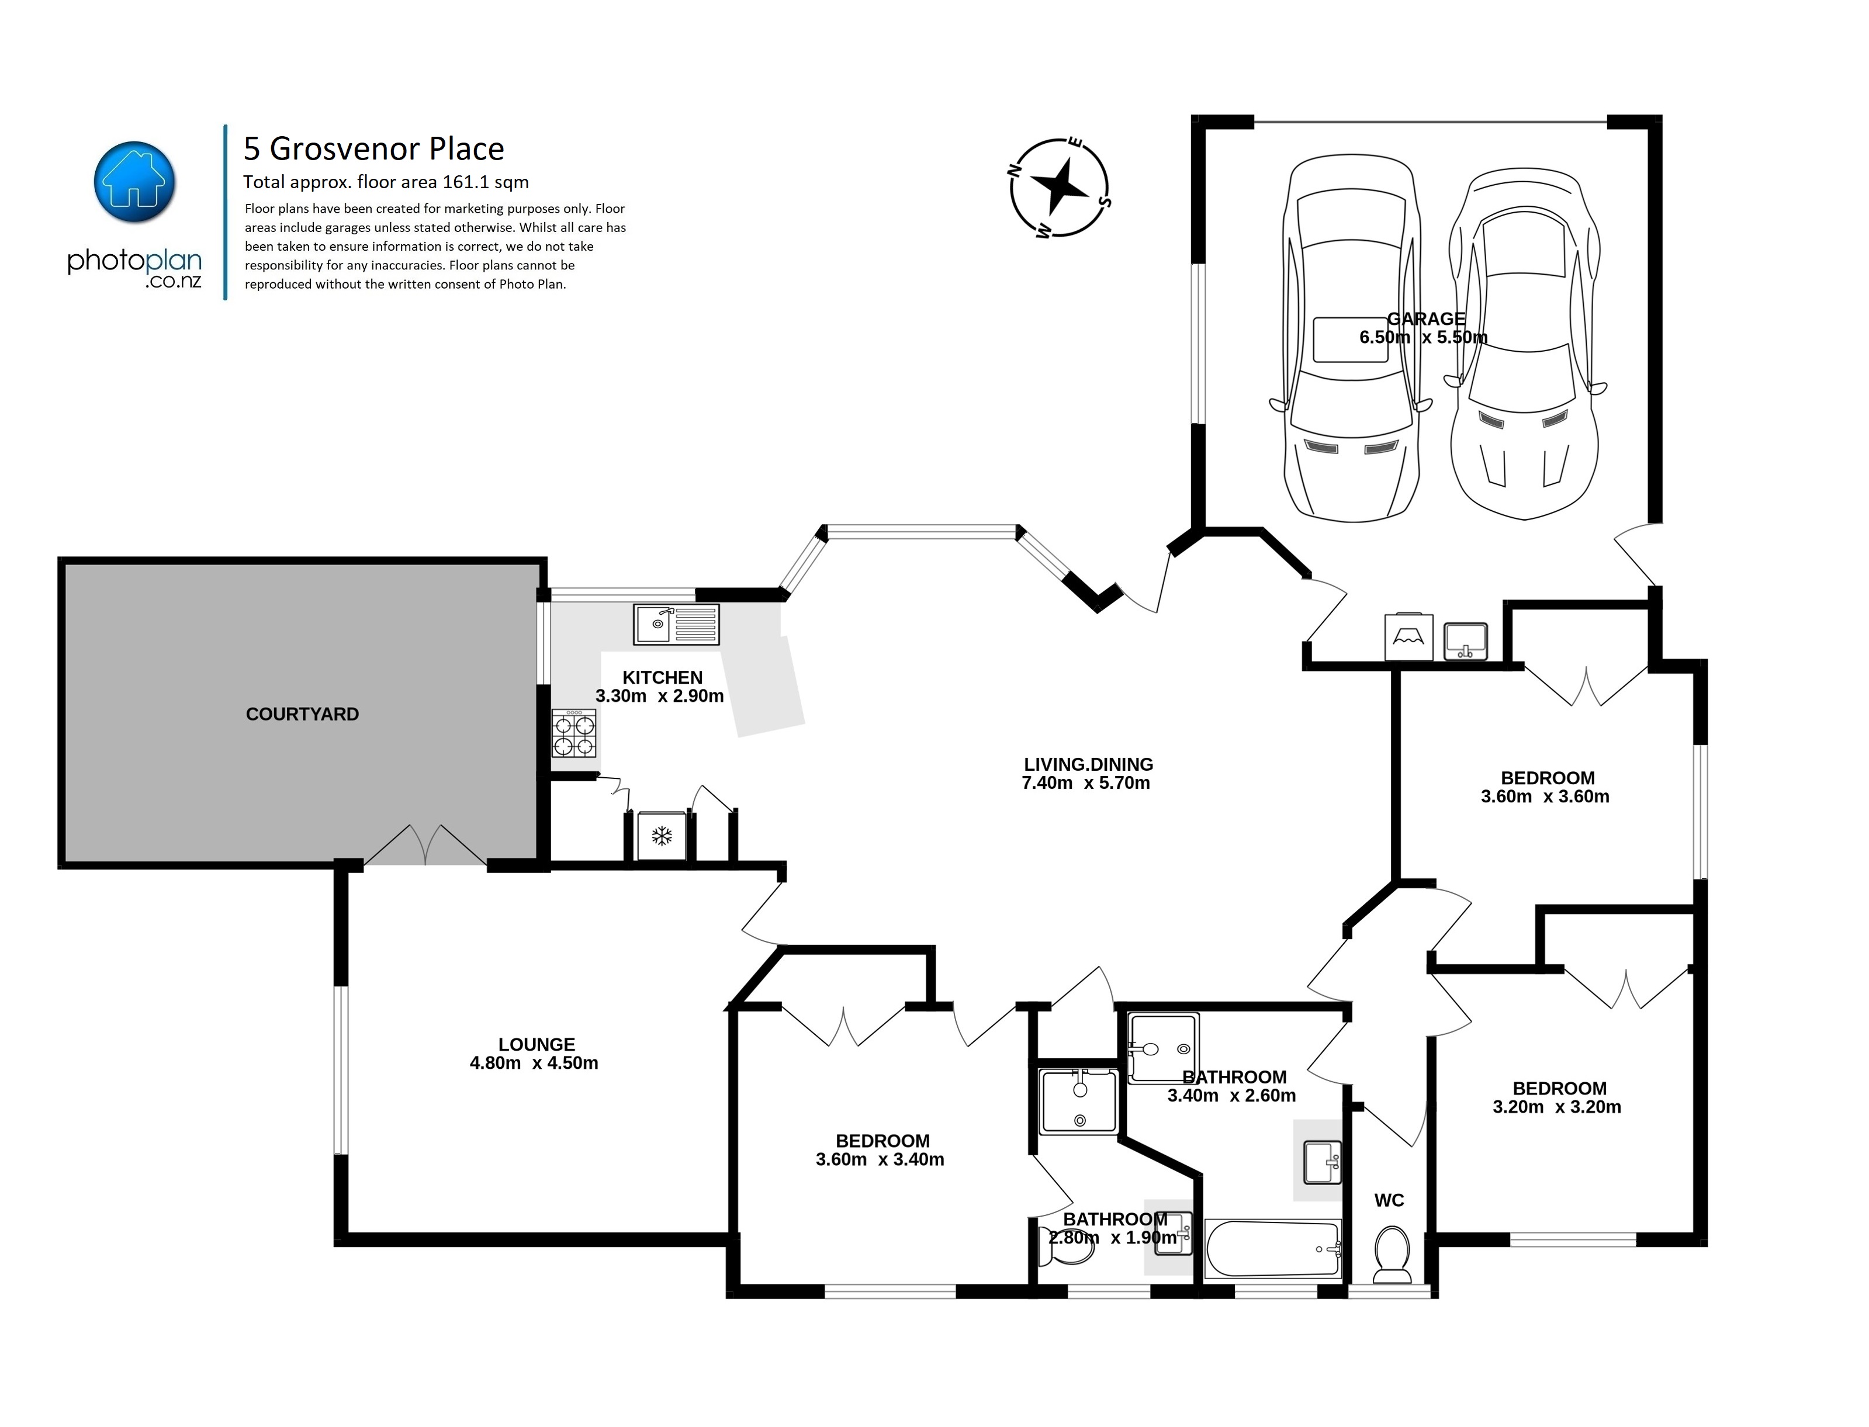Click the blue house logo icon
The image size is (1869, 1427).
tap(134, 182)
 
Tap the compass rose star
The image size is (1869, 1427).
tap(1058, 188)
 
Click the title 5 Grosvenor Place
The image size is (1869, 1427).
tap(374, 148)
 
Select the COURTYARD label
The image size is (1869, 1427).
tap(302, 714)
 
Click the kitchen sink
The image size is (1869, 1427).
tap(676, 624)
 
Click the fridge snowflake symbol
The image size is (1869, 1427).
tap(662, 836)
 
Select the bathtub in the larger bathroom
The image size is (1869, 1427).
tap(1273, 1249)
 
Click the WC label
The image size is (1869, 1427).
tap(1389, 1200)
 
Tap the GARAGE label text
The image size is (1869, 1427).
tap(1425, 318)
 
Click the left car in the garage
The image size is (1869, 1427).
tap(1351, 340)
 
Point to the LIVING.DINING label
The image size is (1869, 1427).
tap(1088, 764)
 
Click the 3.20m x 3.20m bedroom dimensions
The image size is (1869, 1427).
tap(1556, 1107)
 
